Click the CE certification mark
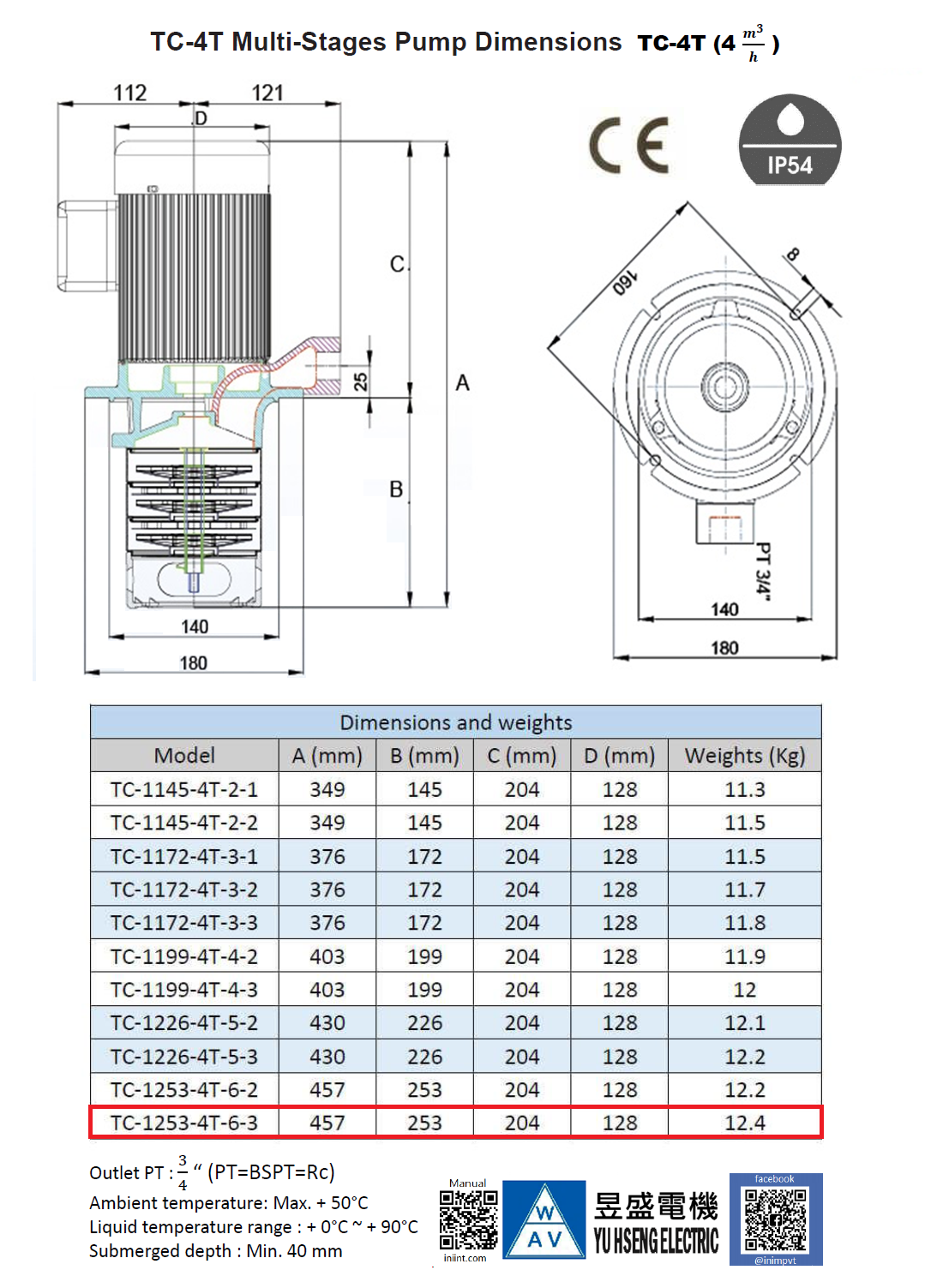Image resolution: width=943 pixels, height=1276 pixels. [x=629, y=146]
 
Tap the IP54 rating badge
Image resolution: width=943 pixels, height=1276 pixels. [x=790, y=141]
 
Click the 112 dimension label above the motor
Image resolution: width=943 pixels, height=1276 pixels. [x=130, y=93]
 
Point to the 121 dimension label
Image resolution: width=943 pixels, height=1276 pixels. [x=267, y=93]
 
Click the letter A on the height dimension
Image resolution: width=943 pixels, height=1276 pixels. [x=462, y=382]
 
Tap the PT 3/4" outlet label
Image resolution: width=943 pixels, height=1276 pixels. [x=762, y=568]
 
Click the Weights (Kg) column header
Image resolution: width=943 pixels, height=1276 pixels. [x=744, y=756]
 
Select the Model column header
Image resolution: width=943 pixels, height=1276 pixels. [x=184, y=756]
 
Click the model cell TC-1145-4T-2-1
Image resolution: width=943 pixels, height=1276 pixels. [x=184, y=789]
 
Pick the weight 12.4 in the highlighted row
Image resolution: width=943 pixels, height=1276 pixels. [x=744, y=1123]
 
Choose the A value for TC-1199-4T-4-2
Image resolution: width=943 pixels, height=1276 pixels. [x=327, y=956]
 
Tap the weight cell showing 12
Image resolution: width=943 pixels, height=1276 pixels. [x=744, y=990]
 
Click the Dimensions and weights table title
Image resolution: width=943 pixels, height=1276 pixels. [x=455, y=722]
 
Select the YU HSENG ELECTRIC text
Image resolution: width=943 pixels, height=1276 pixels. [x=656, y=1241]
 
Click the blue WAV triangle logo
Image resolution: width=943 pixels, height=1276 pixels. [x=544, y=1220]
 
